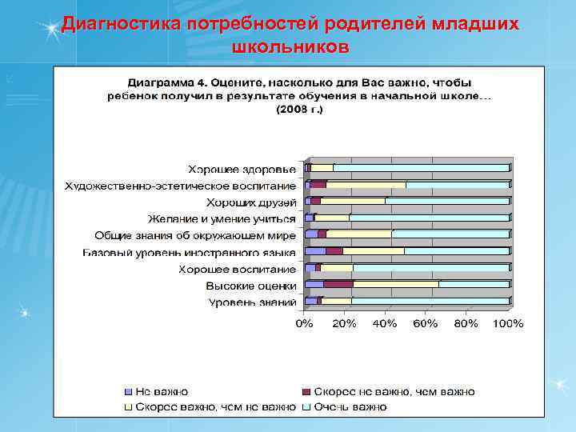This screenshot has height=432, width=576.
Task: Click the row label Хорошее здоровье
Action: [242, 169]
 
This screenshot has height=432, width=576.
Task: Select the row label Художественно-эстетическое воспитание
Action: [181, 186]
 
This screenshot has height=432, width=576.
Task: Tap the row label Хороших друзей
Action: [251, 202]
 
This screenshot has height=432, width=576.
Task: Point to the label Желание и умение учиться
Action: [222, 218]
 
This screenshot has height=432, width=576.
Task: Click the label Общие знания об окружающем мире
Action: [195, 235]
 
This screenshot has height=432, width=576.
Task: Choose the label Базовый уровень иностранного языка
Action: [190, 252]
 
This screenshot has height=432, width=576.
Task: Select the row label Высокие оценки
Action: [250, 286]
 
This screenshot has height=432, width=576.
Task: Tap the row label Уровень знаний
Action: [252, 302]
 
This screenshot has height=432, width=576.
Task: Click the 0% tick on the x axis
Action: [305, 324]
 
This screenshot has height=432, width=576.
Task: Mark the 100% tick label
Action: [508, 324]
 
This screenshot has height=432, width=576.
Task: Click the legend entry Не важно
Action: [161, 392]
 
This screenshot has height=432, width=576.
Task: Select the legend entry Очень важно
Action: [350, 407]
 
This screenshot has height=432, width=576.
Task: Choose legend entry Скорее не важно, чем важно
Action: [393, 392]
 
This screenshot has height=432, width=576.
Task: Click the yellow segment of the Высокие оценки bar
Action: [396, 284]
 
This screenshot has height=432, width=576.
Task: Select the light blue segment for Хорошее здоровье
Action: [421, 168]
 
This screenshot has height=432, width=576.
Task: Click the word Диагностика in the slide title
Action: [122, 24]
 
